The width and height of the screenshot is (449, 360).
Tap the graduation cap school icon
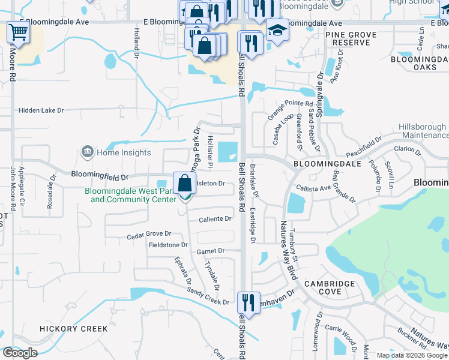pos(277,30)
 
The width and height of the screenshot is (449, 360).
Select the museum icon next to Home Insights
pos(88,152)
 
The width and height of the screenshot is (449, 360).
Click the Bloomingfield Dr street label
pos(100,176)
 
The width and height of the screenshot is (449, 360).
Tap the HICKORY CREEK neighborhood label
pos(73,329)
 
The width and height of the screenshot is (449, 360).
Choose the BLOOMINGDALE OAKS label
pos(419,64)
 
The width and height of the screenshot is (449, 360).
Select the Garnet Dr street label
pos(213,251)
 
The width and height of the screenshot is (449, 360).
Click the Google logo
pos(20,353)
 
